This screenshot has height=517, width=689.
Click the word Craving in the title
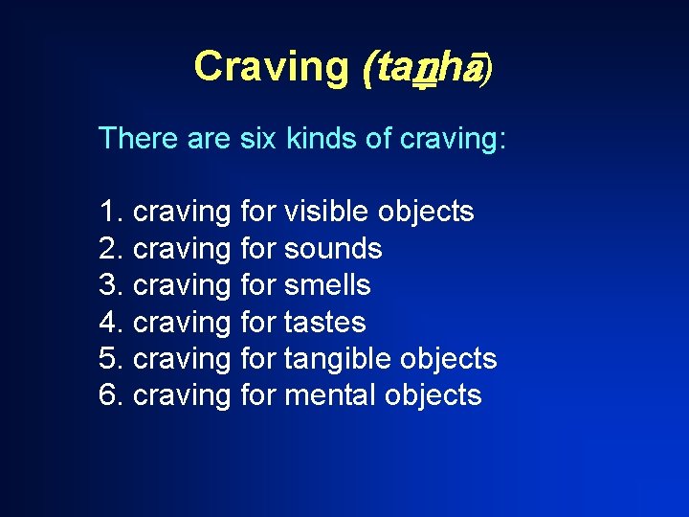tap(272, 67)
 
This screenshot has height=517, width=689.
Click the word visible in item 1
tap(327, 212)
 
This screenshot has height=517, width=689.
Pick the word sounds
tap(333, 249)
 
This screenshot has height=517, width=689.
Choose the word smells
tap(327, 285)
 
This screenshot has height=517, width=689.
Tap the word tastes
tap(325, 322)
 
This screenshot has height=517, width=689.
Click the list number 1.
tap(109, 212)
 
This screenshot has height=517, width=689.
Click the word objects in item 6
tap(433, 395)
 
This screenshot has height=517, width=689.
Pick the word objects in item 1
tap(426, 212)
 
